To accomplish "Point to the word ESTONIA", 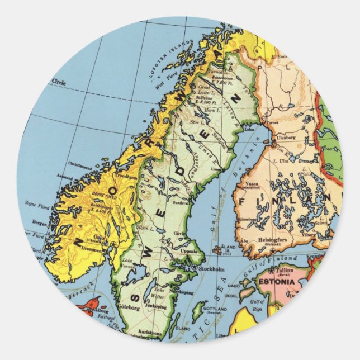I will [276, 282].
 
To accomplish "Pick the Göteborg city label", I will [129, 307].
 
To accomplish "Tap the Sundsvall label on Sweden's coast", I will [182, 202].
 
